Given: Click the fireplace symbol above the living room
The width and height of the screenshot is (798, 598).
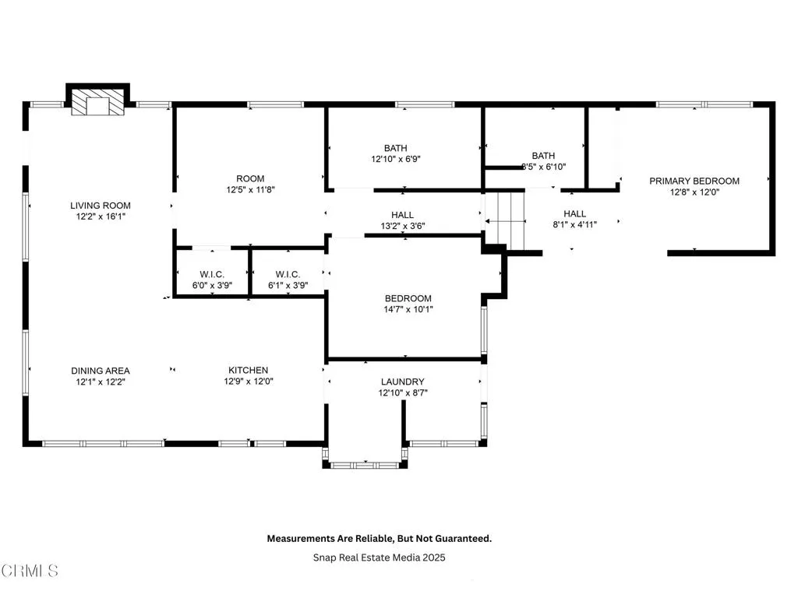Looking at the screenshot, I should click(x=97, y=103).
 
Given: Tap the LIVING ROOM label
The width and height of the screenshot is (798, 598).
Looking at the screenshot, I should click(x=101, y=206).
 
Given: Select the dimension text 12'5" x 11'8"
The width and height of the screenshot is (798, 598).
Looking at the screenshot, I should click(x=251, y=189).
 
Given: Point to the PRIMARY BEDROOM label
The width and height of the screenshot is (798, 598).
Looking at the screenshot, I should click(x=694, y=181).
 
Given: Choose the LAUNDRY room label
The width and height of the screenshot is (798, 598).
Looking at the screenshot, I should click(x=403, y=382).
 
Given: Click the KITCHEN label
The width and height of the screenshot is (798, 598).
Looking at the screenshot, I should click(x=248, y=371).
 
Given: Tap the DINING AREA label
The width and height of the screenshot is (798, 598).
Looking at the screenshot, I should click(x=101, y=371).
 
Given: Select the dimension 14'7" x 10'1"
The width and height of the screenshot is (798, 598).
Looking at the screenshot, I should click(x=408, y=309).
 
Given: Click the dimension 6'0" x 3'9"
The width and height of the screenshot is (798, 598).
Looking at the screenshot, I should click(x=212, y=285).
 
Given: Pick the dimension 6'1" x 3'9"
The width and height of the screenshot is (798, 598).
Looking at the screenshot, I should click(x=288, y=285).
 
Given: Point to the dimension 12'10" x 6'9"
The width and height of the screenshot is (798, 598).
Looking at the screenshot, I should click(x=395, y=159).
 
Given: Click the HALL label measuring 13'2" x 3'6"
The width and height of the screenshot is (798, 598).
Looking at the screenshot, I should click(x=403, y=215).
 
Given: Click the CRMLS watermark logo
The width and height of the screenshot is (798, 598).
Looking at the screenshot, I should click(x=30, y=571).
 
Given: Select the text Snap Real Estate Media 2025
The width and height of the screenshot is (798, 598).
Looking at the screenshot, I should click(x=380, y=558).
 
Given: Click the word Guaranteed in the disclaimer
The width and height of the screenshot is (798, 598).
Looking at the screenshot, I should click(x=460, y=538).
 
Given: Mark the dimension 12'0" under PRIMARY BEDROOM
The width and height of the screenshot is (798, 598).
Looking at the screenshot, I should click(x=709, y=192).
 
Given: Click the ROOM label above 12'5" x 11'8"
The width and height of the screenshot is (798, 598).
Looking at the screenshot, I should click(x=251, y=178).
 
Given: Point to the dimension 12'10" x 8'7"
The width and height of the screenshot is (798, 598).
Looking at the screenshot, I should click(x=403, y=393).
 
